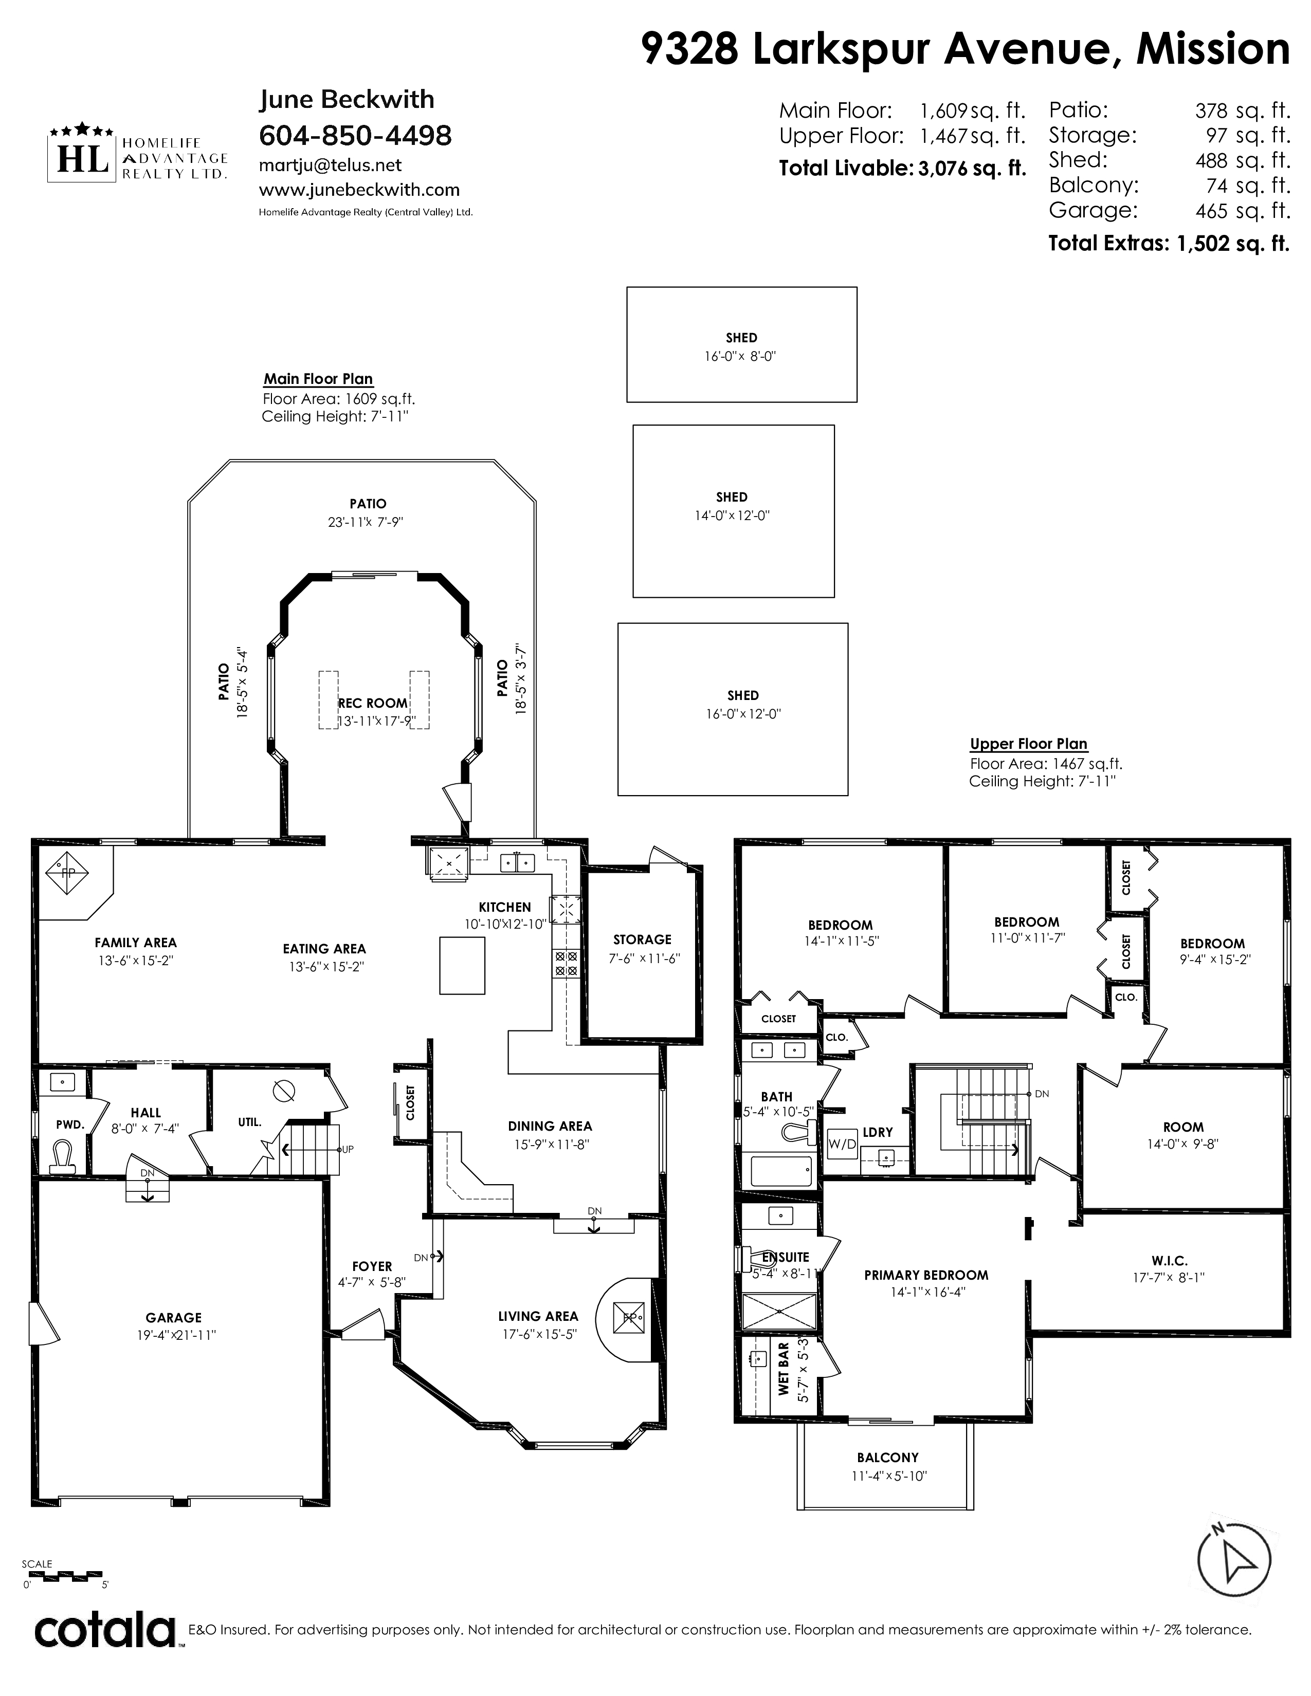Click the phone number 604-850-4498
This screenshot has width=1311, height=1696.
(x=355, y=135)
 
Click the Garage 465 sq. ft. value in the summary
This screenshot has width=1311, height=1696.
(x=1243, y=210)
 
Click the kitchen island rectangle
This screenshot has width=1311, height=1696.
(x=462, y=965)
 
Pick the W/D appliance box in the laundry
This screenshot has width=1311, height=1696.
(x=843, y=1142)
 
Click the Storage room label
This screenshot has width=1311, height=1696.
(x=642, y=939)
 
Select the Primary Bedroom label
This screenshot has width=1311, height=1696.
(x=926, y=1275)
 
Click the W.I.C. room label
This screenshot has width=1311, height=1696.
(x=1169, y=1261)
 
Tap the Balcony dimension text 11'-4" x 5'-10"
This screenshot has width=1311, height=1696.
(x=888, y=1476)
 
